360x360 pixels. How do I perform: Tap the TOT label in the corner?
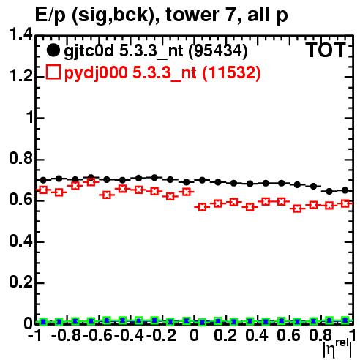click(326, 50)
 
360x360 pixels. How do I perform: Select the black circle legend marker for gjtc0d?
click(53, 50)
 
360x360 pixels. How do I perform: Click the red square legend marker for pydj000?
click(53, 72)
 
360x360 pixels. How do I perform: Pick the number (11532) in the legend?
click(232, 72)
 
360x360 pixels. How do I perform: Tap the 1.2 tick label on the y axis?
click(20, 76)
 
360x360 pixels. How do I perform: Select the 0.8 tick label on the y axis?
click(20, 158)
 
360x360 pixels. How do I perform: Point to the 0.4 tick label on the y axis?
click(20, 241)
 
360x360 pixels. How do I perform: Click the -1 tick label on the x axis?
click(35, 335)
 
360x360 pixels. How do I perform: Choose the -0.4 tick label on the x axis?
click(130, 335)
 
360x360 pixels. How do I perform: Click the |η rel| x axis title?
click(338, 348)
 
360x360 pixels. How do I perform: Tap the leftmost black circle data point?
click(43, 180)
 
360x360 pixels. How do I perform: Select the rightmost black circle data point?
click(345, 190)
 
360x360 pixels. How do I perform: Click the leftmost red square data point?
click(43, 190)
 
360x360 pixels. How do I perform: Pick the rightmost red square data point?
click(345, 203)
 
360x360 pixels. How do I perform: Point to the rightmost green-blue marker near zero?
click(345, 320)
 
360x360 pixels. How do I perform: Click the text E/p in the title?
click(50, 15)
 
